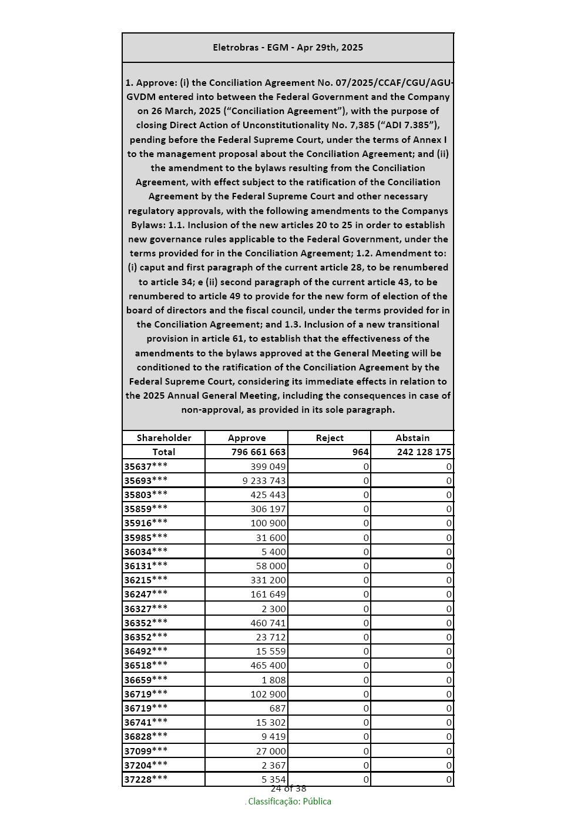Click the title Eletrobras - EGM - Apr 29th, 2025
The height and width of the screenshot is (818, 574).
click(x=288, y=48)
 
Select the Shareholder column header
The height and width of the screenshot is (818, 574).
click(x=164, y=438)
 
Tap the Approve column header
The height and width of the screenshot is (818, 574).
click(x=247, y=438)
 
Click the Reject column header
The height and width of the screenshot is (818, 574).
click(x=330, y=438)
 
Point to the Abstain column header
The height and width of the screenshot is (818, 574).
click(x=412, y=438)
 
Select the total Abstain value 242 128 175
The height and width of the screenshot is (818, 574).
click(x=424, y=452)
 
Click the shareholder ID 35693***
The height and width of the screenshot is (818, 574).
click(x=146, y=480)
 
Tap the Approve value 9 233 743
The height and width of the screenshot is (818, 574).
click(x=264, y=480)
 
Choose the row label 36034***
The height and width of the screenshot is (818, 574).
click(x=146, y=552)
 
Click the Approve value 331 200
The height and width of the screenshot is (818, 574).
click(x=268, y=580)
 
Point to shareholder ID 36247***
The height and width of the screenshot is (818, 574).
click(x=146, y=594)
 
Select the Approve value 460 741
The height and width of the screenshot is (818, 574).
click(x=268, y=623)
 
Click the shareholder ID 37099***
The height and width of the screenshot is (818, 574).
click(x=146, y=750)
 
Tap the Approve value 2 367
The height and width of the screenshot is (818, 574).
click(x=274, y=765)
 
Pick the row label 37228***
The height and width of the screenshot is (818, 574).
click(x=146, y=779)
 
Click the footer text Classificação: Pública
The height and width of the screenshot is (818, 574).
click(x=289, y=802)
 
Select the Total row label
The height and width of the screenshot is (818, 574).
click(x=164, y=452)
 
